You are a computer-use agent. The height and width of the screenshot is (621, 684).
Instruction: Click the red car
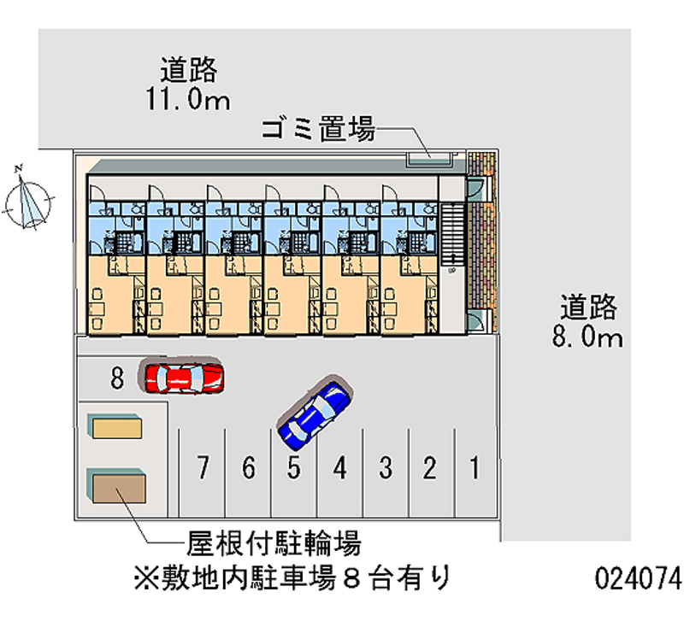[185, 376]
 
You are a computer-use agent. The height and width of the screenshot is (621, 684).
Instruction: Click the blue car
[313, 413]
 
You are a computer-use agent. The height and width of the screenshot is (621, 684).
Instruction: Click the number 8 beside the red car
[118, 377]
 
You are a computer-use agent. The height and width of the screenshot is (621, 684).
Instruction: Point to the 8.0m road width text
[587, 337]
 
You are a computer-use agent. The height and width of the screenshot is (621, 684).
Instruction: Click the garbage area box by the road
[429, 157]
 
